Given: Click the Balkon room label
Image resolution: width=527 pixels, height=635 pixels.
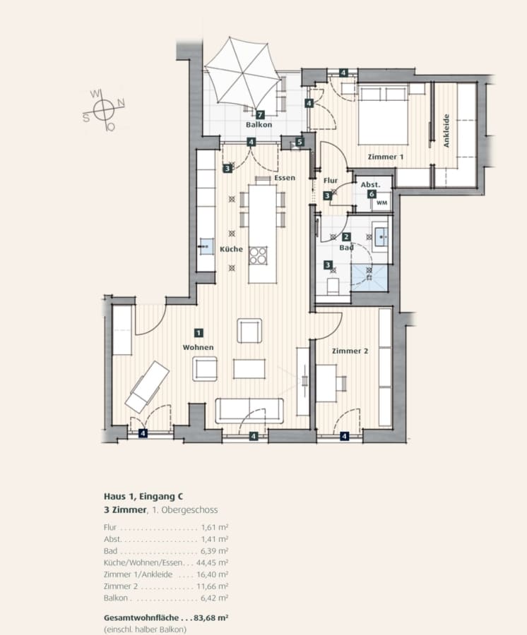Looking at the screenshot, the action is [x=259, y=125].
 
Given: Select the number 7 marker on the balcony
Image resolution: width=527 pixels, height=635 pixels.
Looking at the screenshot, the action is [x=259, y=115].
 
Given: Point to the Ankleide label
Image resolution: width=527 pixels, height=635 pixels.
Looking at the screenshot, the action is [x=446, y=131].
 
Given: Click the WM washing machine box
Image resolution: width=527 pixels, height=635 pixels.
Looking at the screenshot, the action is [x=382, y=203].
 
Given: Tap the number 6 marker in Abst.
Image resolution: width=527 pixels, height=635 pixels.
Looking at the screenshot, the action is [x=372, y=194].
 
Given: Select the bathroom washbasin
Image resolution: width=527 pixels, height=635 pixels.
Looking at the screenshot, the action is [x=381, y=237].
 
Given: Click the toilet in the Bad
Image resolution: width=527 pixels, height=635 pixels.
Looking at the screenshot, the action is [x=333, y=286].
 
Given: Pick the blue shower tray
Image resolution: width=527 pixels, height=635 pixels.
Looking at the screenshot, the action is [x=369, y=278].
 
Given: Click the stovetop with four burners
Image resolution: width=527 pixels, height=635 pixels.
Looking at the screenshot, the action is [x=258, y=255].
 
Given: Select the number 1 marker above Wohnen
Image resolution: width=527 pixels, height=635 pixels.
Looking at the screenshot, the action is [x=199, y=333].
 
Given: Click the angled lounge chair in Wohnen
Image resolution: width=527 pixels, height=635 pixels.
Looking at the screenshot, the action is [x=147, y=387].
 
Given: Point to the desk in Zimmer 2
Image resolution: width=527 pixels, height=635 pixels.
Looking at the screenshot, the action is [x=326, y=383].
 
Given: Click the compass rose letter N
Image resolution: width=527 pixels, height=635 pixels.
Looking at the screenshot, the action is [x=121, y=103].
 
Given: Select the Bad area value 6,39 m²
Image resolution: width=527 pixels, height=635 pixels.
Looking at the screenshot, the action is [x=215, y=551].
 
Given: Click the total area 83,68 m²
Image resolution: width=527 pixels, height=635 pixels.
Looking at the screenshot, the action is [x=211, y=617].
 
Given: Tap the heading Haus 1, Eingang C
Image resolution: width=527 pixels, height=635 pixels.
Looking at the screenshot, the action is [x=143, y=497].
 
